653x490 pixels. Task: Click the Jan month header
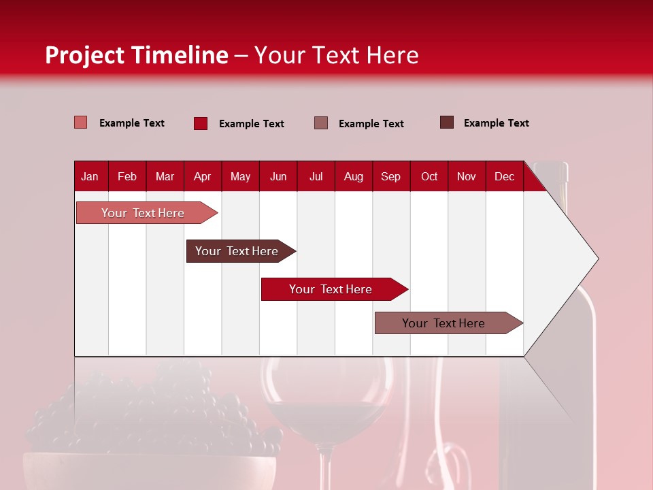point(90,176)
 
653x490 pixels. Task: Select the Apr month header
point(203,176)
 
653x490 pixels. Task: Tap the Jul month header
point(316,176)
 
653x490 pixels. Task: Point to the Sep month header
point(390,176)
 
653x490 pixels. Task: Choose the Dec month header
point(504,176)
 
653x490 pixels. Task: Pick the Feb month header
point(127,176)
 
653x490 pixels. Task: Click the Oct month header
point(429,176)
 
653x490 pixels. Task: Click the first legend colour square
point(81,122)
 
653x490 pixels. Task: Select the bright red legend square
point(200,123)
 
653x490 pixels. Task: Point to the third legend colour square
point(321,122)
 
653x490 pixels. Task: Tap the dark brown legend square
point(447,122)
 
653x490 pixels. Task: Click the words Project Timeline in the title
point(137,55)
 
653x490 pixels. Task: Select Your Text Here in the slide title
point(336,55)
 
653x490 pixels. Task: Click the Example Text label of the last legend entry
point(496,123)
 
